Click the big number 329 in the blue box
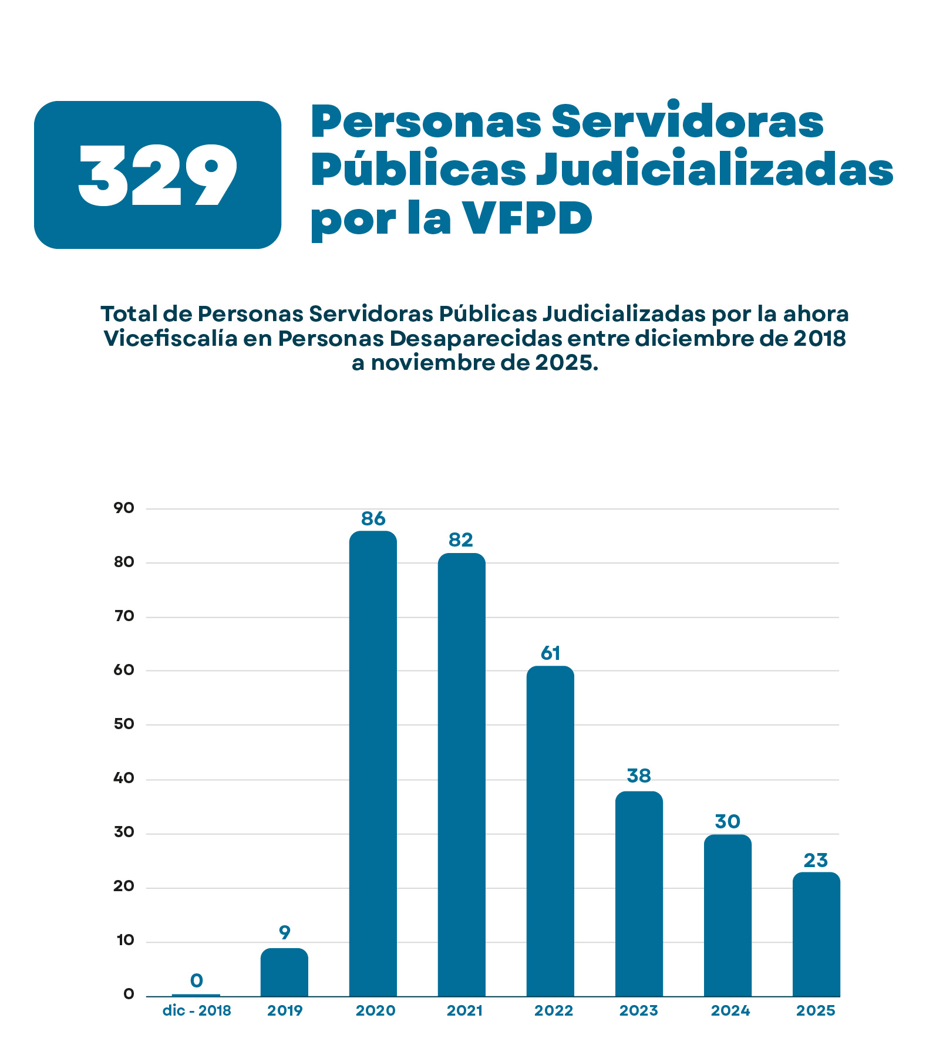click(157, 176)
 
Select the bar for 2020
click(373, 763)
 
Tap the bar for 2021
click(462, 775)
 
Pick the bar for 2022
click(550, 831)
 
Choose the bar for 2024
click(728, 915)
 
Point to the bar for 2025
click(816, 934)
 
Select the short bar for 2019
click(284, 972)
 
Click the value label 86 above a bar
click(373, 519)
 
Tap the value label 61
click(550, 653)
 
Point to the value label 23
click(816, 861)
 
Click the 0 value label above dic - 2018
click(197, 980)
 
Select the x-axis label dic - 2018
click(197, 1011)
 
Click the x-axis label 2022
click(553, 1011)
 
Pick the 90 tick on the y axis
click(124, 508)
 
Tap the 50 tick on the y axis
click(124, 724)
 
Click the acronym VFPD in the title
click(527, 218)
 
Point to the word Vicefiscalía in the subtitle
click(170, 339)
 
